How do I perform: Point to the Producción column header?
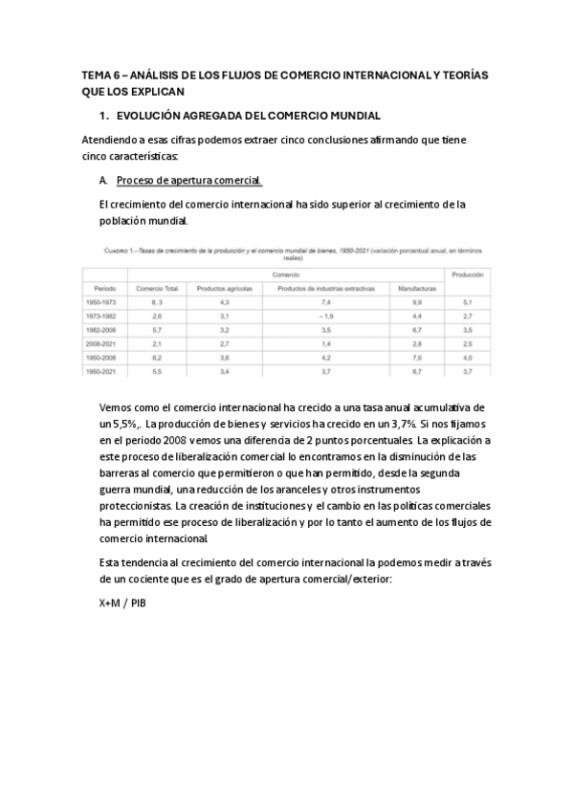click(x=467, y=274)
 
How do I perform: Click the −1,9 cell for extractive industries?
click(x=325, y=315)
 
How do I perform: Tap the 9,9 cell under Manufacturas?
click(x=417, y=301)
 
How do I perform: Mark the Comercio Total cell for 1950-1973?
click(x=158, y=301)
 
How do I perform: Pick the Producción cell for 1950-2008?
click(x=467, y=356)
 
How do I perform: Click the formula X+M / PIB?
click(x=122, y=603)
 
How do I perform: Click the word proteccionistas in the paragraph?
click(x=131, y=505)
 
